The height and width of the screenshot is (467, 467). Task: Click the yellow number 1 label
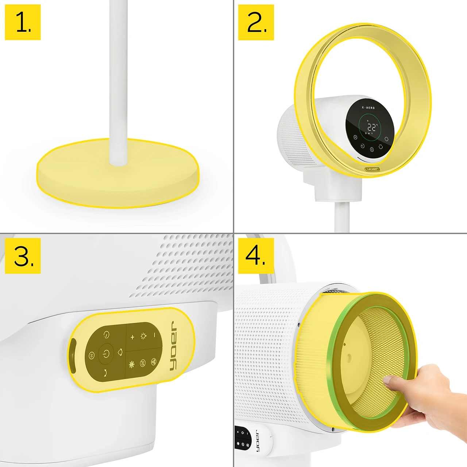pyautogui.click(x=23, y=22)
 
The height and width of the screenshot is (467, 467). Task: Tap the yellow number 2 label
pyautogui.click(x=256, y=22)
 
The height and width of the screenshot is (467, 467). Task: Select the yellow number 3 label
pyautogui.click(x=23, y=256)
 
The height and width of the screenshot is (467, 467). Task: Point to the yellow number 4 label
pyautogui.click(x=256, y=256)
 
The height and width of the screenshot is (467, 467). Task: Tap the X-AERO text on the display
pyautogui.click(x=368, y=108)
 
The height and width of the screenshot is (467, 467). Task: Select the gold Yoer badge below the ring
pyautogui.click(x=373, y=169)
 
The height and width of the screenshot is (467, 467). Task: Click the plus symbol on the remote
pyautogui.click(x=132, y=337)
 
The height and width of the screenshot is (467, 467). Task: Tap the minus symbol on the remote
pyautogui.click(x=154, y=335)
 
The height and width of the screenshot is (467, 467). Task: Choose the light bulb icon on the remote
pyautogui.click(x=143, y=336)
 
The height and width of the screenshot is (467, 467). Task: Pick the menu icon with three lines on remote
pyautogui.click(x=91, y=356)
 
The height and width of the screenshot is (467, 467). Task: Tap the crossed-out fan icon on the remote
pyautogui.click(x=143, y=363)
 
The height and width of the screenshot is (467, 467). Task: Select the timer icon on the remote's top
pyautogui.click(x=107, y=335)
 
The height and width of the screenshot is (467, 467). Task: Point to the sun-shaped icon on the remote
pyautogui.click(x=132, y=364)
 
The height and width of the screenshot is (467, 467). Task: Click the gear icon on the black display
pyautogui.click(x=386, y=139)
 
